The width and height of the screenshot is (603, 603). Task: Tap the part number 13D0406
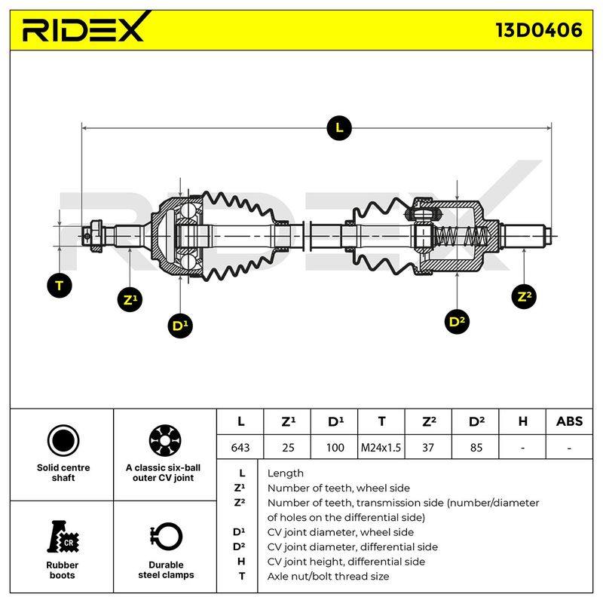click(x=539, y=30)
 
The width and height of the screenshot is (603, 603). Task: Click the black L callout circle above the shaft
click(x=338, y=127)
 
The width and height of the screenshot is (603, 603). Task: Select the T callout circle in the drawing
click(x=60, y=286)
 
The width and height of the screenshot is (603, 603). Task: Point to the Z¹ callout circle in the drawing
click(x=130, y=299)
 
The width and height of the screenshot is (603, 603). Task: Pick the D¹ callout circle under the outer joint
click(x=180, y=326)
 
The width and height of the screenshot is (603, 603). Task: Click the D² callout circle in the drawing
click(x=457, y=321)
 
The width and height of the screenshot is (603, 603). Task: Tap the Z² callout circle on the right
click(x=524, y=296)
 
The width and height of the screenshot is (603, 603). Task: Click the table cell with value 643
click(x=240, y=447)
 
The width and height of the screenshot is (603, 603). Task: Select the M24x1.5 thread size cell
click(x=381, y=447)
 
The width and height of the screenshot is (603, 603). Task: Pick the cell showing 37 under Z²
click(x=428, y=447)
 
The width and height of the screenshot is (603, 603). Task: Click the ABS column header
click(x=569, y=421)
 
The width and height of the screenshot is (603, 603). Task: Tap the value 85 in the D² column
click(x=476, y=447)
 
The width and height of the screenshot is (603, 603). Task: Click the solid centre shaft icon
click(x=63, y=441)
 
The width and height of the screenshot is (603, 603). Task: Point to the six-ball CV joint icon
click(x=165, y=441)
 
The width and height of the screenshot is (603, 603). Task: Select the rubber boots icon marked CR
click(x=63, y=537)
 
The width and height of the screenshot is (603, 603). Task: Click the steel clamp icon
click(x=166, y=537)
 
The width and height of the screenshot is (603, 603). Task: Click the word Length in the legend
click(x=286, y=473)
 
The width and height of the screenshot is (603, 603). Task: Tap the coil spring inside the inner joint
click(x=461, y=236)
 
